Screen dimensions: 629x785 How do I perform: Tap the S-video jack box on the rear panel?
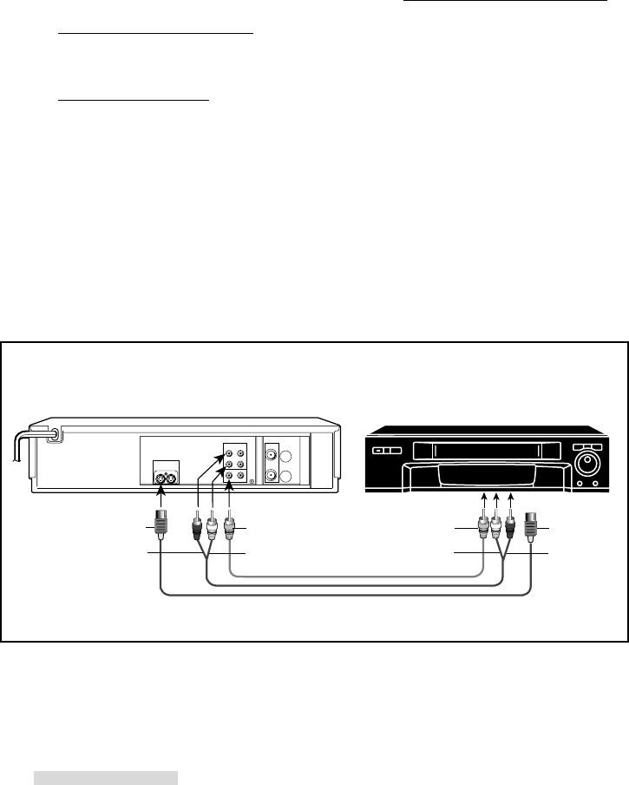tap(167, 475)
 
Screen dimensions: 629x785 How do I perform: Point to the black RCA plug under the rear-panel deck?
tap(197, 525)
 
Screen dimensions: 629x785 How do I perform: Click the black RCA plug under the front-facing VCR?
tap(512, 526)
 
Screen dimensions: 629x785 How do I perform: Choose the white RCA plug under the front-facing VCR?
tap(495, 526)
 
